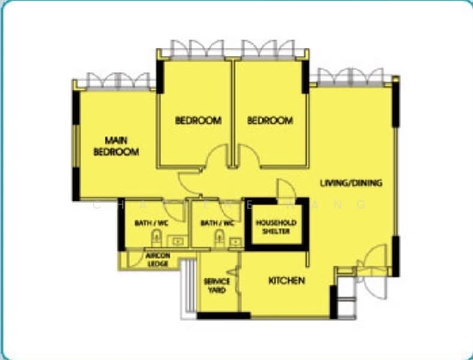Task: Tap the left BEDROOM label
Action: [198, 121]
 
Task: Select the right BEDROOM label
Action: [270, 121]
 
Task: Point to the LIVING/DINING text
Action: [351, 183]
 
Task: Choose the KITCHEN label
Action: [286, 281]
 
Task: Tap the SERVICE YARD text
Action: [216, 286]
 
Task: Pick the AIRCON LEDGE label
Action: [157, 259]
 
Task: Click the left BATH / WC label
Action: [150, 223]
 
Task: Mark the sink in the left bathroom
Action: [178, 242]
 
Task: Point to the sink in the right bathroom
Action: [236, 242]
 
